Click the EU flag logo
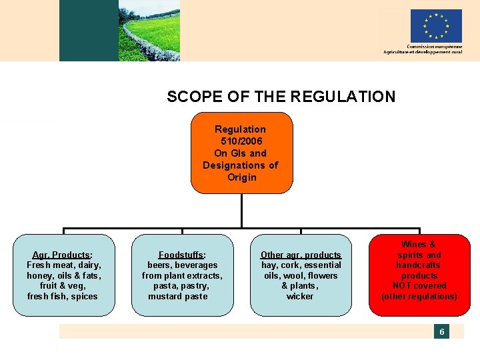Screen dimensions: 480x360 coord(436,26)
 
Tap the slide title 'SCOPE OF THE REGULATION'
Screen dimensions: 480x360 coord(281,97)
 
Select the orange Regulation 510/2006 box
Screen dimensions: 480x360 coord(241,153)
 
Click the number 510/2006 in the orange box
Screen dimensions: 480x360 coord(241,141)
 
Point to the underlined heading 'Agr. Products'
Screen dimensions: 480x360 coord(62,255)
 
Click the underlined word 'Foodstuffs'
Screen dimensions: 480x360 coord(181,255)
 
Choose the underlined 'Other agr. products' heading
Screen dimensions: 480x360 coord(301,255)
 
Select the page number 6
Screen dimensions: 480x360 coord(441,331)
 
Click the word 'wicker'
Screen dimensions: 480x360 coord(300,296)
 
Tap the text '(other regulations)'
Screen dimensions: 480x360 coord(419,296)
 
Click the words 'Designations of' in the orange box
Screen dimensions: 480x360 coord(241,165)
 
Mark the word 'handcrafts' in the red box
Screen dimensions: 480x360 coord(419,265)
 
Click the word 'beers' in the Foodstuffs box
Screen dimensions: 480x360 coord(159,265)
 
